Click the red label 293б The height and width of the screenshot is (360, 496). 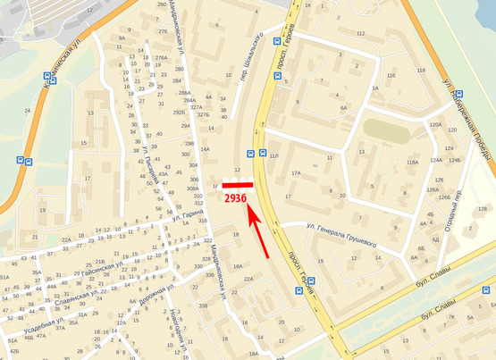235,197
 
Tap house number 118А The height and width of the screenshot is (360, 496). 412,163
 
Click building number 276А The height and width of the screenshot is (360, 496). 160,58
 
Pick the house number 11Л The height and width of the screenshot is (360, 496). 274,156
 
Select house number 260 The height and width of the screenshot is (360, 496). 162,5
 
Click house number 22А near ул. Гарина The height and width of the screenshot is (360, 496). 66,239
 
